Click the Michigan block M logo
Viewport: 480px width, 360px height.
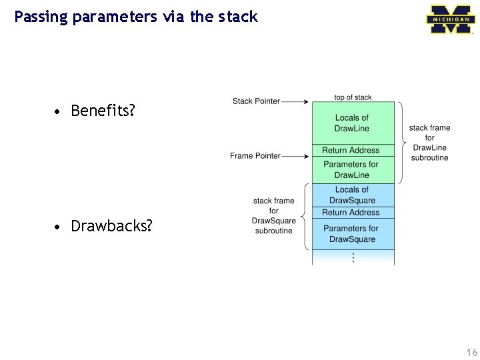450,19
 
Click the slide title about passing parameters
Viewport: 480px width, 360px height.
136,17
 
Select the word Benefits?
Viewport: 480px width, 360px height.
103,111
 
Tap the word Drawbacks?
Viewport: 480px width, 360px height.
111,226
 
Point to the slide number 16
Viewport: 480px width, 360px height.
471,352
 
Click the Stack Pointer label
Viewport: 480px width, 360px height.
256,101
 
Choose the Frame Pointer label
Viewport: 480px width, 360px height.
255,156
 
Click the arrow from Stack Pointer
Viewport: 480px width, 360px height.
295,102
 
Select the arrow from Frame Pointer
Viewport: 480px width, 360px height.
295,156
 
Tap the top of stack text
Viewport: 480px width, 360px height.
353,97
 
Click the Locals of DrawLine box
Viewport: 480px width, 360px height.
353,123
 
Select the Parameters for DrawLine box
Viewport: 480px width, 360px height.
351,170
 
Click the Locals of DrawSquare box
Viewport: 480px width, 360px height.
353,195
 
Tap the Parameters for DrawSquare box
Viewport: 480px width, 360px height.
352,233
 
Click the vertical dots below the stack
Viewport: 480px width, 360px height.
353,257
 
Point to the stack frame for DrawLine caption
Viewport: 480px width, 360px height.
429,143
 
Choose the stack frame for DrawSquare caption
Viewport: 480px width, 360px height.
273,215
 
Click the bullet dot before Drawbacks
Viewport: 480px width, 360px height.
59,227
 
